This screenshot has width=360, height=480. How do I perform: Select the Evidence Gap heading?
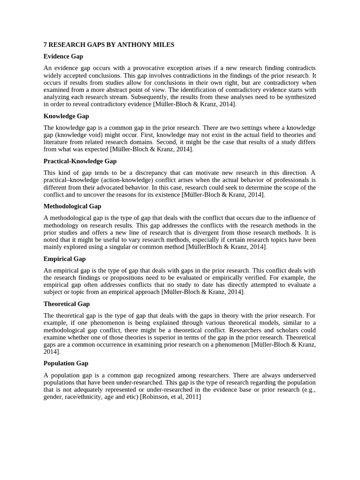(63, 56)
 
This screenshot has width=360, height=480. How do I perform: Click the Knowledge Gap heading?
(66, 116)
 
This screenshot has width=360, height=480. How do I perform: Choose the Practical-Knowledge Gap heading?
(80, 161)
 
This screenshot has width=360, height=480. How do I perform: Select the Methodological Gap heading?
(72, 206)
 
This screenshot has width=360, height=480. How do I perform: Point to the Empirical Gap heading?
(65, 259)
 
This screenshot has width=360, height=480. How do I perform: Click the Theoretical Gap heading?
(67, 304)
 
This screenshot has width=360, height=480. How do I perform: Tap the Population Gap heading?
(66, 363)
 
